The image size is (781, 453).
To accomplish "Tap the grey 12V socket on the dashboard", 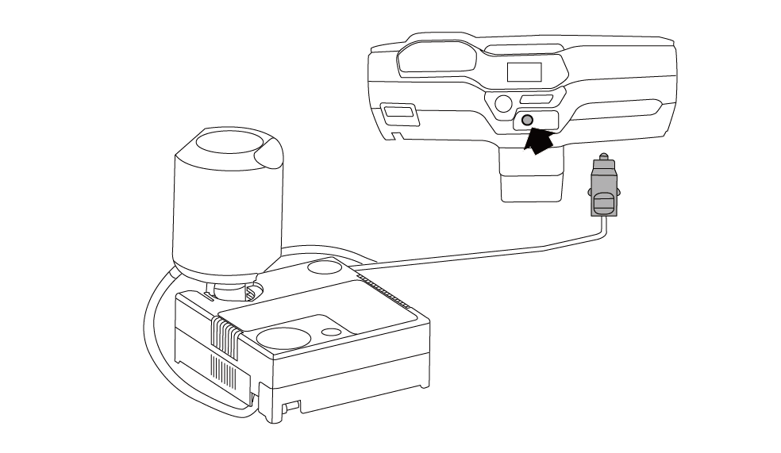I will point(528,121).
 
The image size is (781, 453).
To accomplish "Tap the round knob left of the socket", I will point(502,102).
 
